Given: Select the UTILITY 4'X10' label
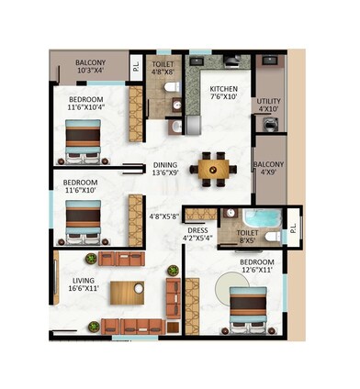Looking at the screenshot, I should pos(269,106).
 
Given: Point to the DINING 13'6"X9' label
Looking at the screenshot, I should pos(164,170).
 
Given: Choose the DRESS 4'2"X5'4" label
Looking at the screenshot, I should pos(198,234).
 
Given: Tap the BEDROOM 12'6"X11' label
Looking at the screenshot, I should pos(256,266).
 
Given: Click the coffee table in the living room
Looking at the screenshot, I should pos(127,293).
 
